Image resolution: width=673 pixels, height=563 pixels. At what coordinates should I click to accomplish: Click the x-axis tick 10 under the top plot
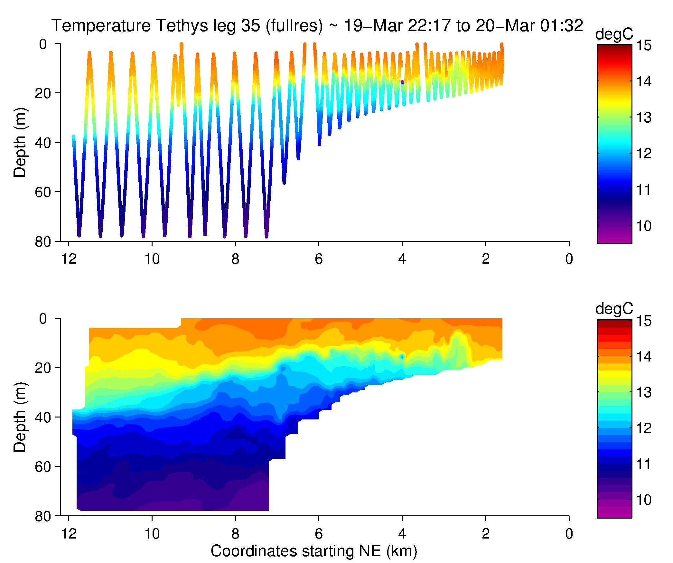152,259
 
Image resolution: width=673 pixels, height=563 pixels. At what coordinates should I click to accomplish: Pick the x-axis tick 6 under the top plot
319,259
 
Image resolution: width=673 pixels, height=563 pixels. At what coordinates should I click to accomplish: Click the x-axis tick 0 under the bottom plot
569,534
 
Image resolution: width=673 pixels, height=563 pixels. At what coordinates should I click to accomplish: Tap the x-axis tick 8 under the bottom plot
235,534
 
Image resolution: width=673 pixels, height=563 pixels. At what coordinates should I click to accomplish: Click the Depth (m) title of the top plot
20,142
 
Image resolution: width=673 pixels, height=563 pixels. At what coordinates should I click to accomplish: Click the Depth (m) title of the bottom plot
20,417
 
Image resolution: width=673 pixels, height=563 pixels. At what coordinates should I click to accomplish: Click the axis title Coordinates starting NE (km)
314,551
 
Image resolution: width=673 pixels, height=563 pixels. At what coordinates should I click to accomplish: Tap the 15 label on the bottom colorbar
644,321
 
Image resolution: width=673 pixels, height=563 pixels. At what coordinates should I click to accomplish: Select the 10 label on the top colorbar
644,226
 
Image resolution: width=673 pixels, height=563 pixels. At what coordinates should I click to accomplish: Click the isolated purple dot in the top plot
402,82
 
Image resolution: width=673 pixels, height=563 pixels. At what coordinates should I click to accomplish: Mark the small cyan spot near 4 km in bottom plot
402,356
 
